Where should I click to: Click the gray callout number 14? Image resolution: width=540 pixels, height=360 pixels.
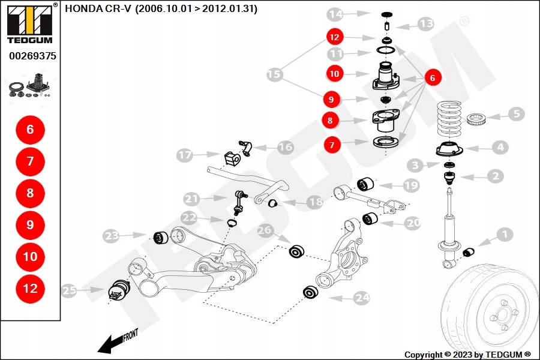335,14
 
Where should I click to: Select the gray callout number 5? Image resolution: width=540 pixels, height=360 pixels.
516,113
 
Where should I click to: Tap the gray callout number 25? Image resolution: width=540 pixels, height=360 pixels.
69,290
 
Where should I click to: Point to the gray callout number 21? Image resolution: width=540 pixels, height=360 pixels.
191,199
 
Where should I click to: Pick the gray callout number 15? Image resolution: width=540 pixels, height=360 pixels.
274,74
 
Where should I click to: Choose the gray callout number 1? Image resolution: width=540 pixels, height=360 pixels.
505,235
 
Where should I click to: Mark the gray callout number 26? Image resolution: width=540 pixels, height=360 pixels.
265,230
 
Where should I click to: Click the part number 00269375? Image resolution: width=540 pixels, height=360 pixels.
33,56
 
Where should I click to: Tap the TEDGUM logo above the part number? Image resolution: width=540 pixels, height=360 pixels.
30,23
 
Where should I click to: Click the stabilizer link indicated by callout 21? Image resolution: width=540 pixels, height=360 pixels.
239,203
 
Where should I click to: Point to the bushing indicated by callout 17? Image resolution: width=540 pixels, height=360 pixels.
233,158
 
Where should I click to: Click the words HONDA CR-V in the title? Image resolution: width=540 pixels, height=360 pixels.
98,8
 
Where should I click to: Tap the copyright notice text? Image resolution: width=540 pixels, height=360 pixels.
467,354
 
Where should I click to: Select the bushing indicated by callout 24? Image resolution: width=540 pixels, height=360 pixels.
310,292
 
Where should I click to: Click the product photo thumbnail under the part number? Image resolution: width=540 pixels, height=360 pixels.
31,87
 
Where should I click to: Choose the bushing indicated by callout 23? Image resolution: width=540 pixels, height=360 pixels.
160,238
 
